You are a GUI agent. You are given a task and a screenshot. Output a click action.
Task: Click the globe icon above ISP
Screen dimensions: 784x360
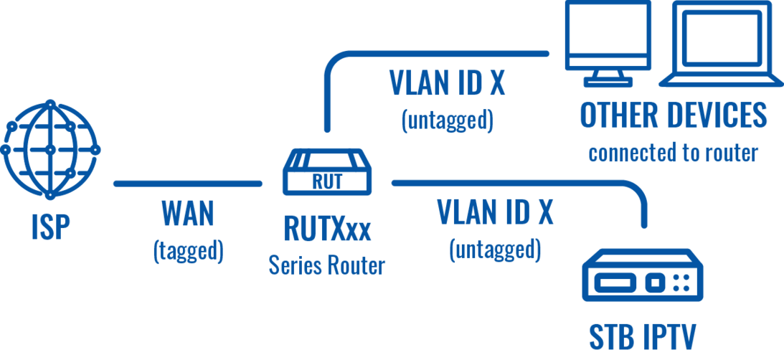pos(50,149)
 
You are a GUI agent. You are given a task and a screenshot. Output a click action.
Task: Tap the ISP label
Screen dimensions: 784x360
pos(49,227)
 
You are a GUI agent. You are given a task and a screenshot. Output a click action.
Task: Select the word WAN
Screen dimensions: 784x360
pos(188,214)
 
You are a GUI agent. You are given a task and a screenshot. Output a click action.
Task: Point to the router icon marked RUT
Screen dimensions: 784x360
pos(327,172)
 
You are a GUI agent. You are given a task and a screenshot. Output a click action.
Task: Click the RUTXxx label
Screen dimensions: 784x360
pos(327,229)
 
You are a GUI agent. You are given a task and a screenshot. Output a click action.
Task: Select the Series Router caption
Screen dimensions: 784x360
pos(327,265)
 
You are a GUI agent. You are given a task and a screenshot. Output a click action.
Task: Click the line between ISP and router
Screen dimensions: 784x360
pos(188,184)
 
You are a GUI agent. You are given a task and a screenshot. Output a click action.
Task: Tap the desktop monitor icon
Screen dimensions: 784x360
pos(608,44)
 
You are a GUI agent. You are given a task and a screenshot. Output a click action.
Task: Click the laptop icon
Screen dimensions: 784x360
pos(720,44)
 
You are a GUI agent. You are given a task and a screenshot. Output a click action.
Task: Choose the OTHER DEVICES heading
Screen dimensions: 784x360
pos(673,115)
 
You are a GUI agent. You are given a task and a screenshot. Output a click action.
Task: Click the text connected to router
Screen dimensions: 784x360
pos(673,153)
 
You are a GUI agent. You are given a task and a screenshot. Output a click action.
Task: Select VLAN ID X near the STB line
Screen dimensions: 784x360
pos(495,212)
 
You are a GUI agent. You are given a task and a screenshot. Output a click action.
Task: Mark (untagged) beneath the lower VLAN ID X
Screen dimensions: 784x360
pos(495,250)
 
